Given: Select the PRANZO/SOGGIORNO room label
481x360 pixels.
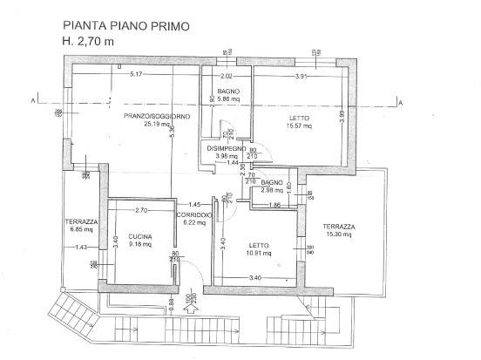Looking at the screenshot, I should [157, 116].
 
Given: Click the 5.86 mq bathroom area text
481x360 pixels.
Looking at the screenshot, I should [229, 99].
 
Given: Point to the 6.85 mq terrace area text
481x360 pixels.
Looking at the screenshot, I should [79, 229].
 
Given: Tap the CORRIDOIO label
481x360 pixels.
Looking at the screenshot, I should [193, 214].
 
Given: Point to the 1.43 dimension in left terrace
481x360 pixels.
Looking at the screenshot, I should [82, 248].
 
